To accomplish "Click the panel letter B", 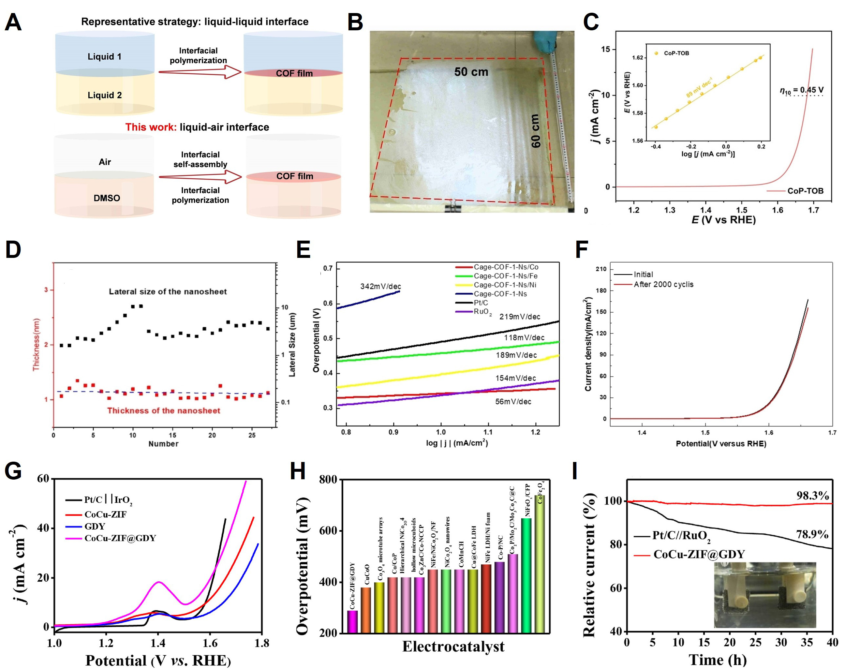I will tap(355, 23).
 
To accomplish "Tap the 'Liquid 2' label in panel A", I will tap(105, 95).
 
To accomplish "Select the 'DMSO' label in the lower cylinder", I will tap(107, 198).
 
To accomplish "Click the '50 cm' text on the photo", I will tap(471, 72).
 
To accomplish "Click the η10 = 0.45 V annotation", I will tap(801, 91).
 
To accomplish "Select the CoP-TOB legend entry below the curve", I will tap(805, 191).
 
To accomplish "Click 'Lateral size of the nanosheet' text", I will tap(168, 291).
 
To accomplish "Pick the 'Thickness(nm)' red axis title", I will tap(36, 344).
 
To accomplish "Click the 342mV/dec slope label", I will tap(380, 286).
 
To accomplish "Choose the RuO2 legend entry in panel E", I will tap(482, 312).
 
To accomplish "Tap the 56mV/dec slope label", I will tap(513, 401).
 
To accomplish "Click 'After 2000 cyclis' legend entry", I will tap(663, 284).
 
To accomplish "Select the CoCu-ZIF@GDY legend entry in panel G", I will tap(120, 538).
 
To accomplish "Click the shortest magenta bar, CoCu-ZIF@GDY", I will tap(352, 622).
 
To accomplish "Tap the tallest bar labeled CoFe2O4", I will tap(540, 564).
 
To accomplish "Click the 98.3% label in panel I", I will tap(812, 496).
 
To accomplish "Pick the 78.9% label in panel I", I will tap(812, 534).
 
